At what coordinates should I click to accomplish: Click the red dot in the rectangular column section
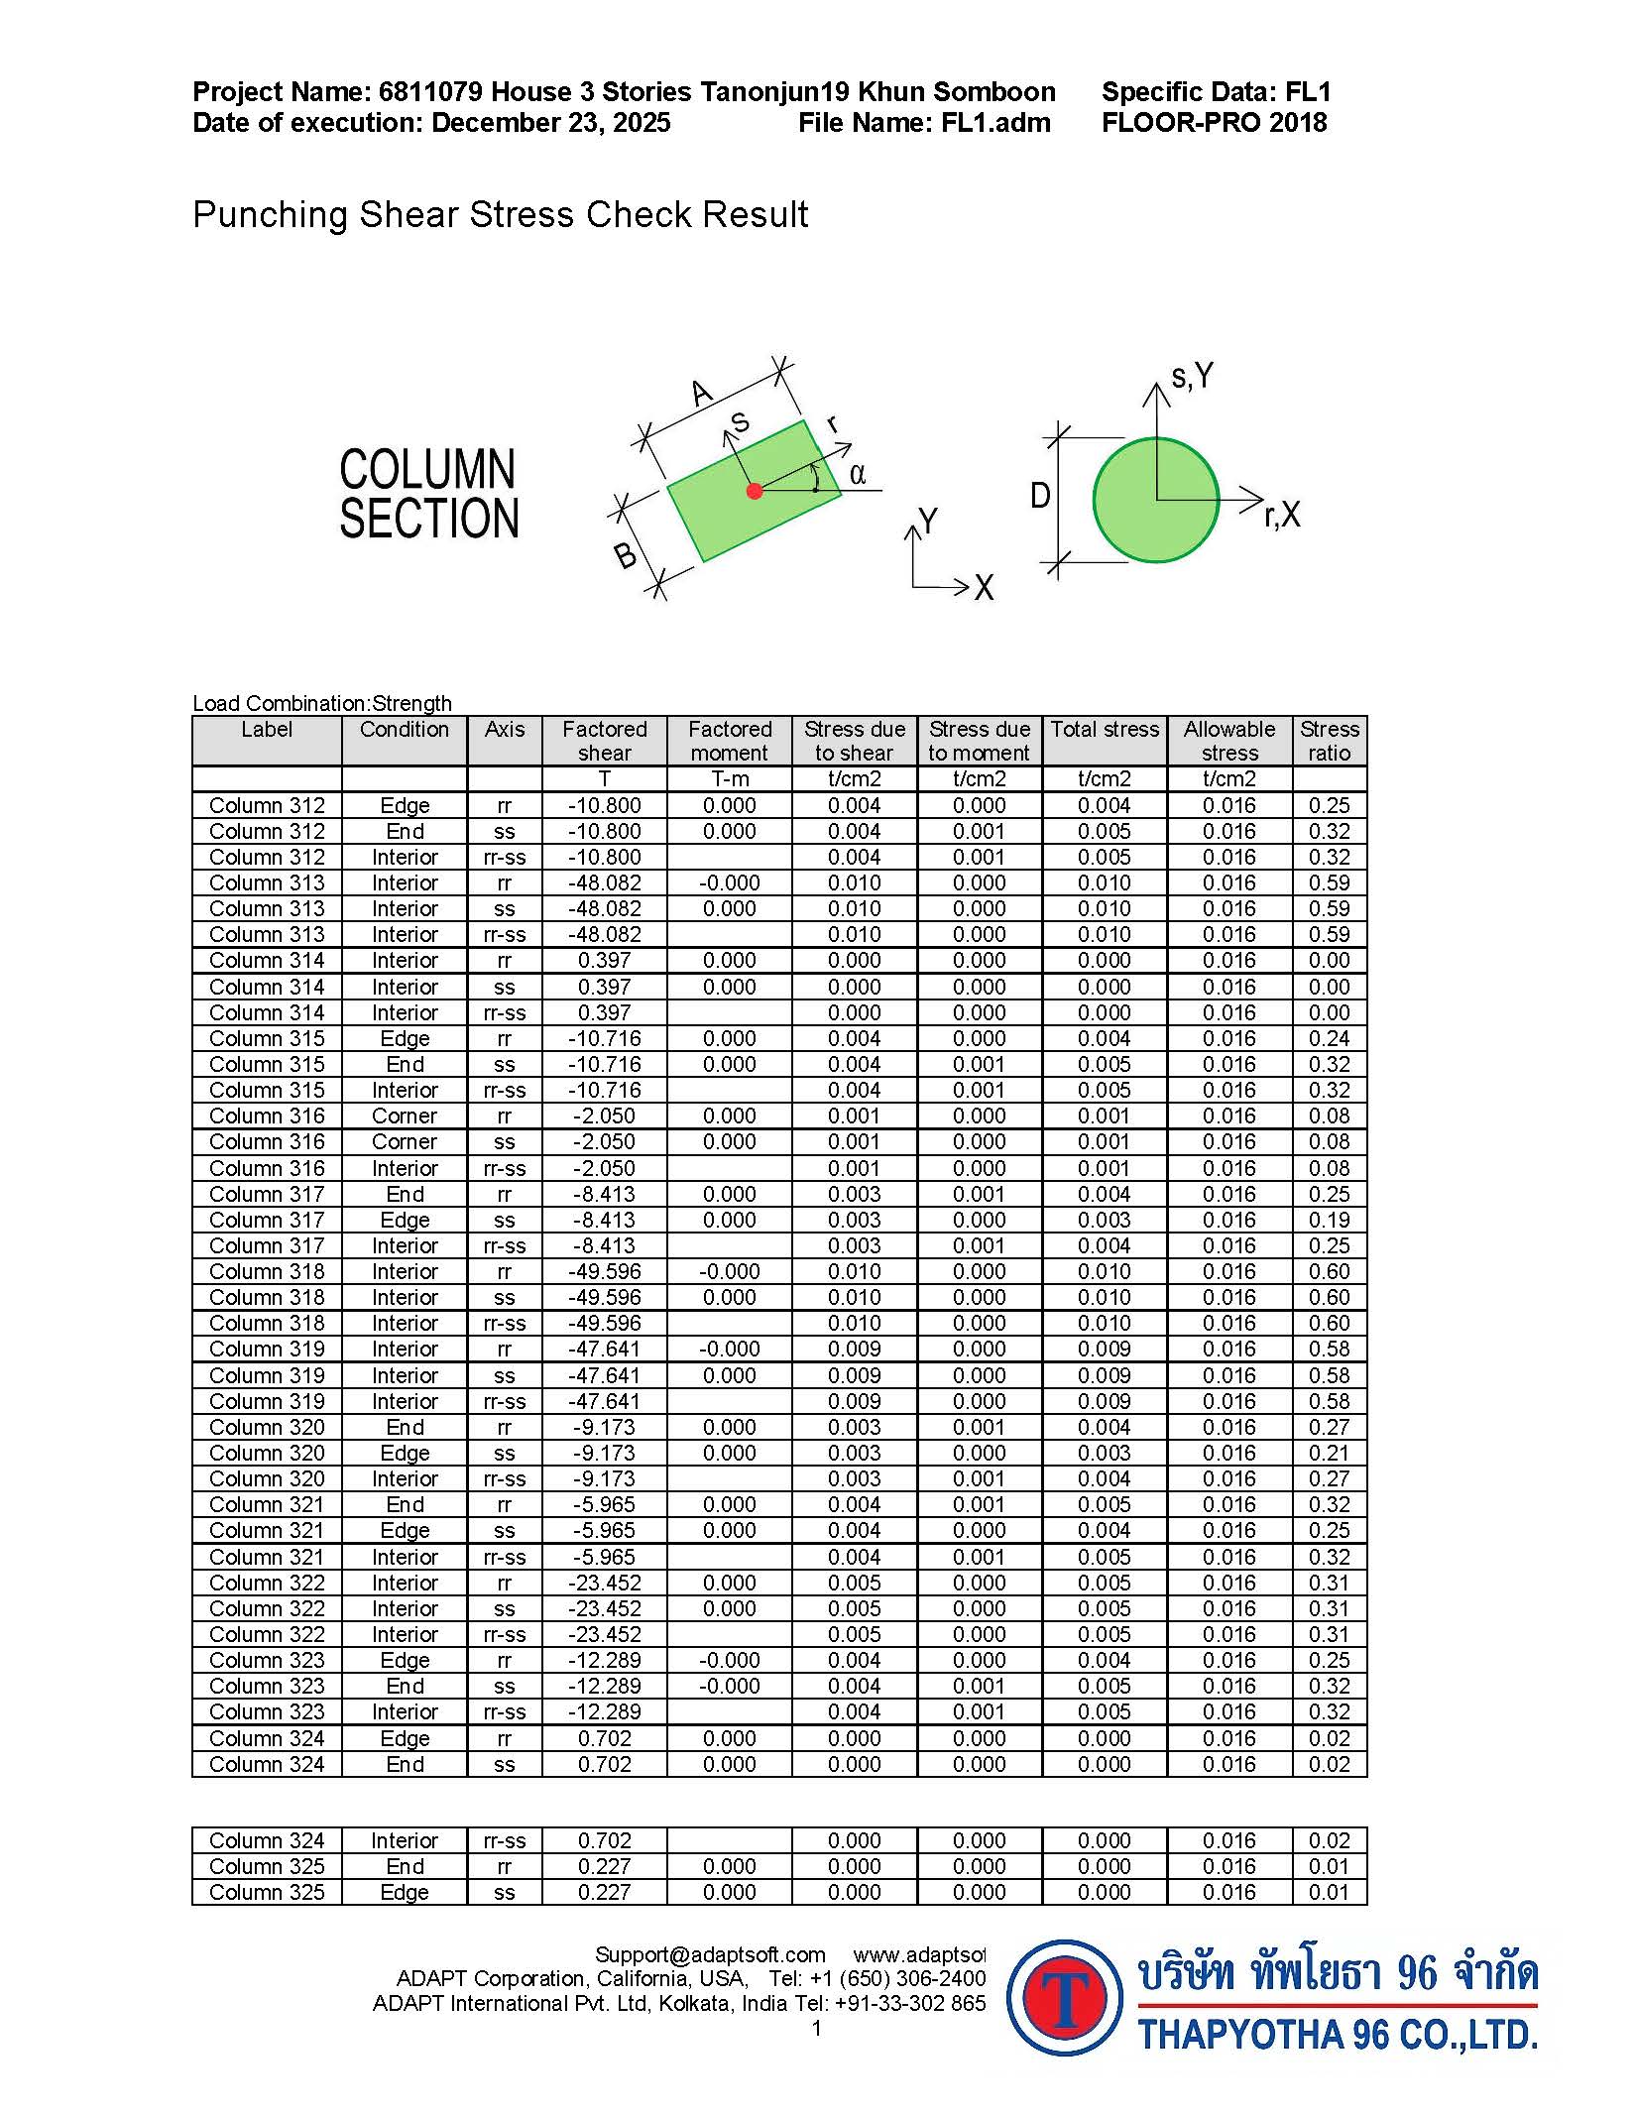(x=755, y=490)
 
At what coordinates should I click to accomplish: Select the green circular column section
(x=1156, y=500)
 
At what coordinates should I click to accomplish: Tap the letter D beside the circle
(x=1040, y=495)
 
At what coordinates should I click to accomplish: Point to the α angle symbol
(x=858, y=474)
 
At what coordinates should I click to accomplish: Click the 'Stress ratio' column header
(x=1329, y=741)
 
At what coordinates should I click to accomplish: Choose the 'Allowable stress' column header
(x=1229, y=741)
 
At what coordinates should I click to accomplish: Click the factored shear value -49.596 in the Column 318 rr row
(x=604, y=1271)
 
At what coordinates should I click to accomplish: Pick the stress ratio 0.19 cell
(x=1329, y=1220)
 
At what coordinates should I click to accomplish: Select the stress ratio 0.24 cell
(x=1329, y=1038)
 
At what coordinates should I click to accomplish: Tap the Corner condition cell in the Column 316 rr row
(x=405, y=1116)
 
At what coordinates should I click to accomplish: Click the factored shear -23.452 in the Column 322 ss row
(x=604, y=1608)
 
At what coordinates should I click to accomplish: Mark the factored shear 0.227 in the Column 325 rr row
(x=604, y=1866)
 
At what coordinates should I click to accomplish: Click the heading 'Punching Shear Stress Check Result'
(x=500, y=214)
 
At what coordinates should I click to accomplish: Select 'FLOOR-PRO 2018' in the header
(x=1214, y=123)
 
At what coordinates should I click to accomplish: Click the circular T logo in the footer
(x=1064, y=1997)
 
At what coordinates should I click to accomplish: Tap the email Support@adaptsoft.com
(x=710, y=1954)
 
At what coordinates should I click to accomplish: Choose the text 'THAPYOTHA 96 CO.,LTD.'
(x=1338, y=2035)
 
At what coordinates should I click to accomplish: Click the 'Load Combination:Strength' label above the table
(x=322, y=703)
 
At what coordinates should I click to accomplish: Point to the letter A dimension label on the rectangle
(x=702, y=393)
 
